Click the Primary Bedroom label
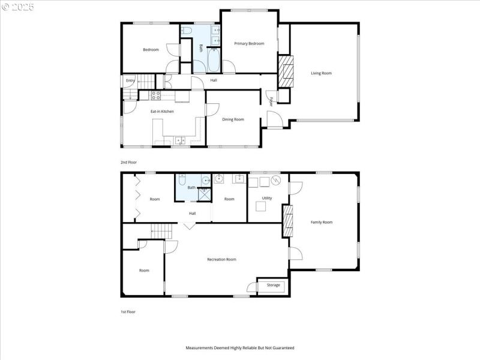pos(249,43)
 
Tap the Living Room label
pos(321,73)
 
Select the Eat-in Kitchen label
pos(162,112)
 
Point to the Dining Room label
pos(233,119)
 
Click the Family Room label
pos(321,222)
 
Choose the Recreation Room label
pos(221,259)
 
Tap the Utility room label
pos(267,198)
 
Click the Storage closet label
pos(274,285)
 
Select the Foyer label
pos(271,101)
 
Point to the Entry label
pos(130,80)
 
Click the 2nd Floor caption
pos(128,162)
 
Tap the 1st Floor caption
pos(128,311)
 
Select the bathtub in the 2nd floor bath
pos(214,60)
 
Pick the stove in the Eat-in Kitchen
pos(155,94)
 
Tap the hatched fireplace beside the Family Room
pos(288,222)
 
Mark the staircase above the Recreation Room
pos(161,230)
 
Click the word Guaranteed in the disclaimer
pos(282,348)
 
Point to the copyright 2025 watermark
pos(18,7)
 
